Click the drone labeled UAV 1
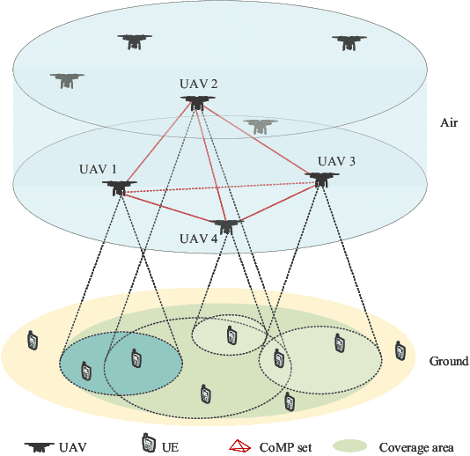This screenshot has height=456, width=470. (119, 187)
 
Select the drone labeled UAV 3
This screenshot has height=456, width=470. (323, 179)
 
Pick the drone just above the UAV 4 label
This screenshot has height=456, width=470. (226, 225)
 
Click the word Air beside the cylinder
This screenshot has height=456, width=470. (449, 124)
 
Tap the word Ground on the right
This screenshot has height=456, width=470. (449, 361)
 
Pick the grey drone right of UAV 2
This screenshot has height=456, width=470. (259, 126)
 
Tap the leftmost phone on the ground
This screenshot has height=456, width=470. (33, 339)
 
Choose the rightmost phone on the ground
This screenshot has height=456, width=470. (401, 351)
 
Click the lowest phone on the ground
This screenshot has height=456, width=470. (290, 403)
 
